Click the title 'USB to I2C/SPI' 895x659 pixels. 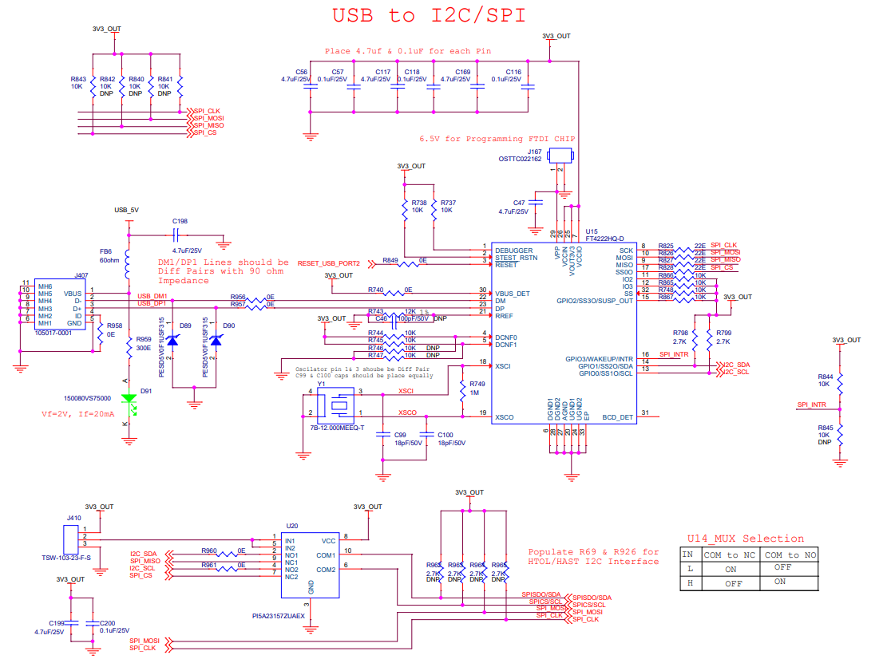click(x=429, y=15)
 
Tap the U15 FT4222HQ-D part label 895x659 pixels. click(x=604, y=239)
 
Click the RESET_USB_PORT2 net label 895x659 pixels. click(x=329, y=263)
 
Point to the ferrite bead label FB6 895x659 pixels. click(x=105, y=251)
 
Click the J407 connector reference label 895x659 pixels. click(x=81, y=275)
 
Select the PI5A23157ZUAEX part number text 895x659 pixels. click(x=279, y=617)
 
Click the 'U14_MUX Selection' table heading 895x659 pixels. click(x=745, y=539)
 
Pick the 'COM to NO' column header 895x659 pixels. click(x=789, y=554)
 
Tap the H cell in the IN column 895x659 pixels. click(x=687, y=582)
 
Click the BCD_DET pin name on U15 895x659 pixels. click(x=617, y=417)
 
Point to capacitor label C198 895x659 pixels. click(x=180, y=221)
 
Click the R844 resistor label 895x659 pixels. click(x=825, y=377)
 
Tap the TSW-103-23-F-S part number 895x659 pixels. click(x=65, y=558)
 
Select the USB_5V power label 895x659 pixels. click(x=126, y=210)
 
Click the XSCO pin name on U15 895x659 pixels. click(x=504, y=417)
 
